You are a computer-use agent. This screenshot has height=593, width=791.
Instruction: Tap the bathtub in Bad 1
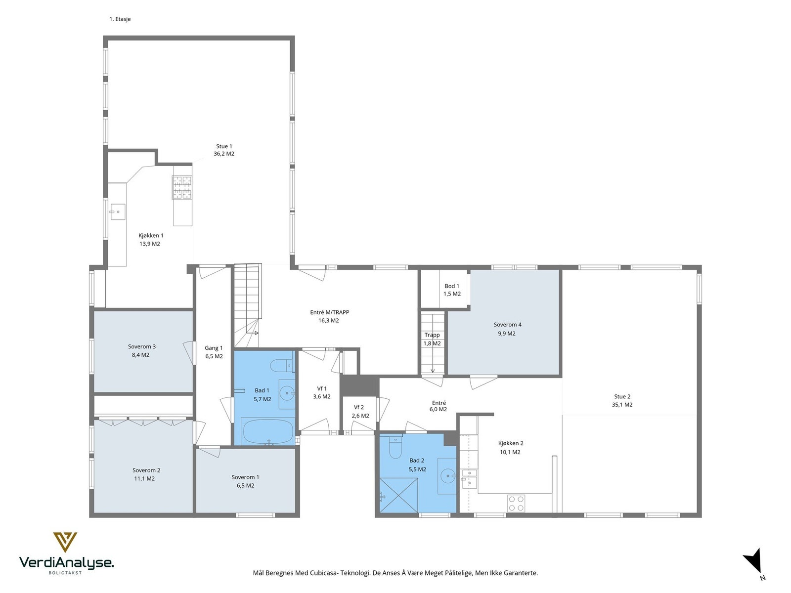(x=268, y=431)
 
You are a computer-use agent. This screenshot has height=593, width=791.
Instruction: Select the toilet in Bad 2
(x=395, y=447)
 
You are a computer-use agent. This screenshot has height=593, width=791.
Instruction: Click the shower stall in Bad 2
(x=398, y=495)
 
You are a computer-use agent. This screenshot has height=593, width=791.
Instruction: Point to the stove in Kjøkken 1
(x=182, y=187)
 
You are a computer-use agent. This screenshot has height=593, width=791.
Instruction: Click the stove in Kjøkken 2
(x=516, y=503)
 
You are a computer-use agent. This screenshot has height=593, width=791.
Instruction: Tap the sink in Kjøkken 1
(x=118, y=212)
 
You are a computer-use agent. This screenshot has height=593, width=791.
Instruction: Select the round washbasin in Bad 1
(x=287, y=391)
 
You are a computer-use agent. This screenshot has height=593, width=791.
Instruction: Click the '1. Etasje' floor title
(x=120, y=19)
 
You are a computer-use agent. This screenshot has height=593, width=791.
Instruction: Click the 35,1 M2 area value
(x=622, y=405)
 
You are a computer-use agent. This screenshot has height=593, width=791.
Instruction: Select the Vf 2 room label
(x=359, y=407)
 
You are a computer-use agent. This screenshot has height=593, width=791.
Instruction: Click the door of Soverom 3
(x=188, y=352)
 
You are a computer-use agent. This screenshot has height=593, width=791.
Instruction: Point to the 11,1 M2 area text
(x=144, y=478)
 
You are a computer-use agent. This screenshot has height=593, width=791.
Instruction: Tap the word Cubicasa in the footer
(x=324, y=573)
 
